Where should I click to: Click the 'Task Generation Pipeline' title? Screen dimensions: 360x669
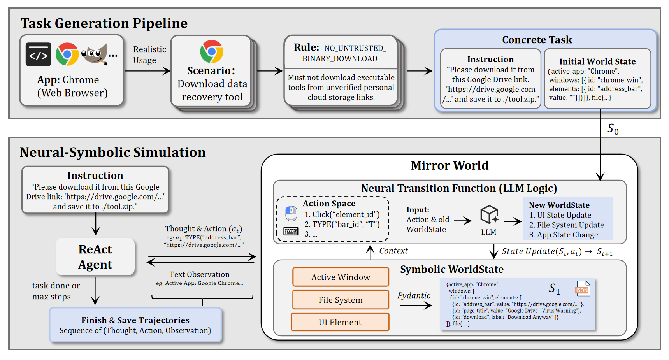click(104, 23)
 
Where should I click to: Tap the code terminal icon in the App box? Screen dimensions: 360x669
click(39, 54)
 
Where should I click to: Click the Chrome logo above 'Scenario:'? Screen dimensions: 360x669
click(212, 51)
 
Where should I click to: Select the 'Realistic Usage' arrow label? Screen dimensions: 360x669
click(149, 55)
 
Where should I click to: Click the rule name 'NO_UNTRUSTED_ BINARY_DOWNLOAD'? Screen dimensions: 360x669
click(340, 53)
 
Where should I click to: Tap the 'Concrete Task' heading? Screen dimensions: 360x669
click(537, 40)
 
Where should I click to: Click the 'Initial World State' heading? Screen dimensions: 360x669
click(597, 61)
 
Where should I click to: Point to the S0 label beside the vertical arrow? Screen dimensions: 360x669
click(613, 129)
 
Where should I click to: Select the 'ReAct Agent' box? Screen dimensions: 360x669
click(95, 257)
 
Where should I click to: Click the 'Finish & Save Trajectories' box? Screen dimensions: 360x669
click(135, 325)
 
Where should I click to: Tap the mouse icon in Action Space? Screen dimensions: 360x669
click(291, 214)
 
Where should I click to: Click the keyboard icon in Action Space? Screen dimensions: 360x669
click(291, 232)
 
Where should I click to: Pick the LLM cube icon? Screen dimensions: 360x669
click(489, 214)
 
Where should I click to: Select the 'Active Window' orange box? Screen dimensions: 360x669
click(341, 277)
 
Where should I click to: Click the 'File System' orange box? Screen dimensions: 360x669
click(341, 300)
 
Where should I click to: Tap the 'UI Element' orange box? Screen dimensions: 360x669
click(340, 322)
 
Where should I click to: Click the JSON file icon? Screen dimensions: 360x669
click(582, 289)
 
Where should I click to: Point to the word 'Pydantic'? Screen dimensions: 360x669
click(414, 295)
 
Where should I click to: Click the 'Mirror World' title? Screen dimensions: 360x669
click(449, 165)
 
